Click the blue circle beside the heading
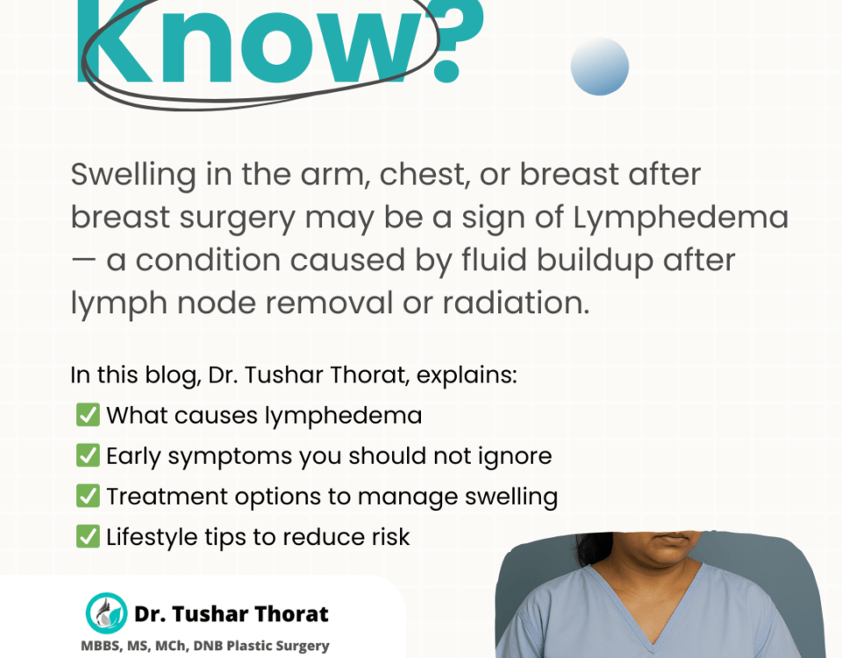[x=599, y=67]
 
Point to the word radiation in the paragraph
[x=516, y=303]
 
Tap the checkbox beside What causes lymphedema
[x=88, y=415]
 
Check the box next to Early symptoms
[x=88, y=455]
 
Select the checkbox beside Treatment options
[x=88, y=496]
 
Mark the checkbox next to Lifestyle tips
[x=88, y=537]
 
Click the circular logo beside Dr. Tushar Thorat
[x=106, y=613]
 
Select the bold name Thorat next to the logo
[x=290, y=613]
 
